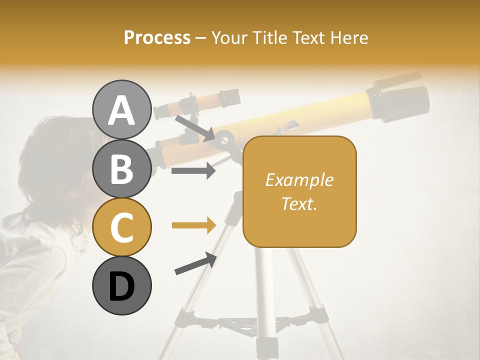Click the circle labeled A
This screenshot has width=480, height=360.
coord(121,109)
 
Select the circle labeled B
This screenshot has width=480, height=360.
coord(121,168)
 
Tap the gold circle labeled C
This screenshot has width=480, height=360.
coord(121,227)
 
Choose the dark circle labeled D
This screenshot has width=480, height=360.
coord(121,285)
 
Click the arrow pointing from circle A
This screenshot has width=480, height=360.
coord(194,128)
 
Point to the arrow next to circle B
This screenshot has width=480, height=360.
coord(193,171)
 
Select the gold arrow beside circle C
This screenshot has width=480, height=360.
coord(193,225)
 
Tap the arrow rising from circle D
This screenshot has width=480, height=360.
coord(195,263)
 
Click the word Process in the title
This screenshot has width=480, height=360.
coord(157,37)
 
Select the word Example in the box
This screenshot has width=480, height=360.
coord(299,180)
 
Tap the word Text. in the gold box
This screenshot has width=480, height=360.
coord(299,203)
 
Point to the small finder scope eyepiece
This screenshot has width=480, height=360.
coord(230,97)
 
